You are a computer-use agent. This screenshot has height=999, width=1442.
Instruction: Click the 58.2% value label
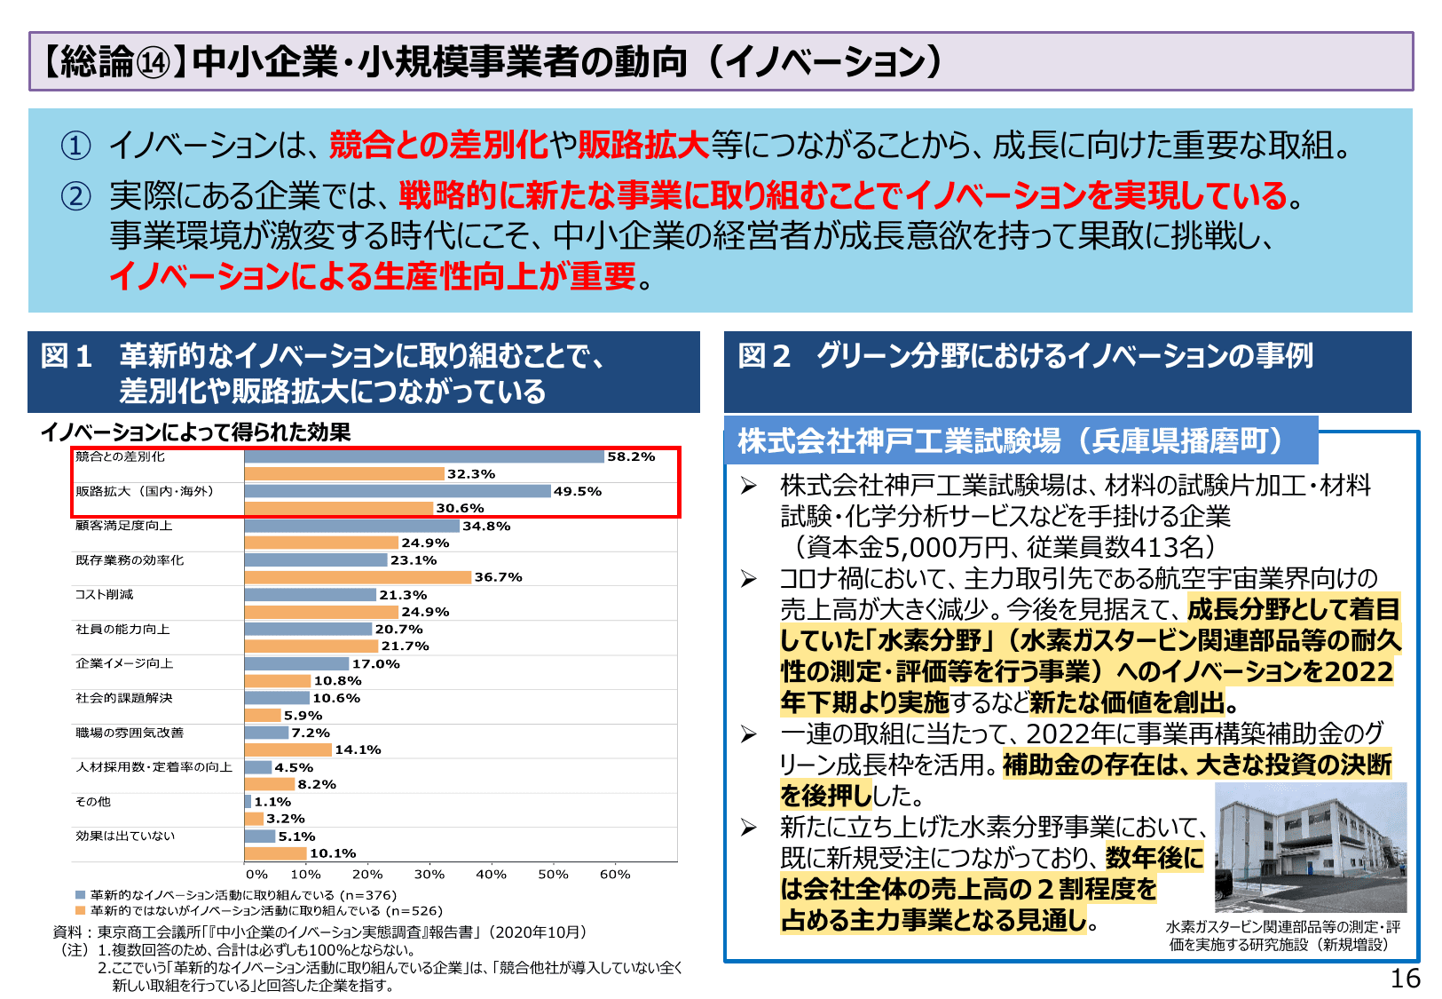point(631,456)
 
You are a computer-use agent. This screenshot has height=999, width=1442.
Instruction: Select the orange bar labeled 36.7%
point(358,577)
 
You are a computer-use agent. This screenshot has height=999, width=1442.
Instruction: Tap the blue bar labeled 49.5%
point(398,491)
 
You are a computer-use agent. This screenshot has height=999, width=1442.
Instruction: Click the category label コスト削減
point(104,594)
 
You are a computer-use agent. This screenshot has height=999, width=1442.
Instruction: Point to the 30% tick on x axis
point(429,874)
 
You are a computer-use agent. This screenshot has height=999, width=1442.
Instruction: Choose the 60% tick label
point(615,874)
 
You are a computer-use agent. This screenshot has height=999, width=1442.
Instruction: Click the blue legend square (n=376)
point(81,895)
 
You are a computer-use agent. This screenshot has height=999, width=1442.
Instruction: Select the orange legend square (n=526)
point(81,910)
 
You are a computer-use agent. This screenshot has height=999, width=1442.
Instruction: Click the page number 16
point(1405,979)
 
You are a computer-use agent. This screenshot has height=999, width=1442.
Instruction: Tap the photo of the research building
point(1310,847)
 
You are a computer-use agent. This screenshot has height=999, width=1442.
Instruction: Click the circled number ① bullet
point(75,146)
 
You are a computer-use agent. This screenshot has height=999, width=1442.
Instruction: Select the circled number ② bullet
point(75,195)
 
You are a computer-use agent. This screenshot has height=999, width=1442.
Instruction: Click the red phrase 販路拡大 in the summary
point(643,145)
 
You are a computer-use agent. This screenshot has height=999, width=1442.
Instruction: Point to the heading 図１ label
point(67,356)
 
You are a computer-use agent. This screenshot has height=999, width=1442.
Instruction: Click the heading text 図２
point(764,356)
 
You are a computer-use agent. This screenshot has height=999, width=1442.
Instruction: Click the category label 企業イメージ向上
point(124,663)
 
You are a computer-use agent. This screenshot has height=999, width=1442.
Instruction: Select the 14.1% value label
point(358,749)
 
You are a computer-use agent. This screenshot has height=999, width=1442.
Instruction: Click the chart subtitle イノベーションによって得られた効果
point(195,432)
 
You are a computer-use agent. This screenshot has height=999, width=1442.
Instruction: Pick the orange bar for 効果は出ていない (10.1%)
point(276,853)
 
